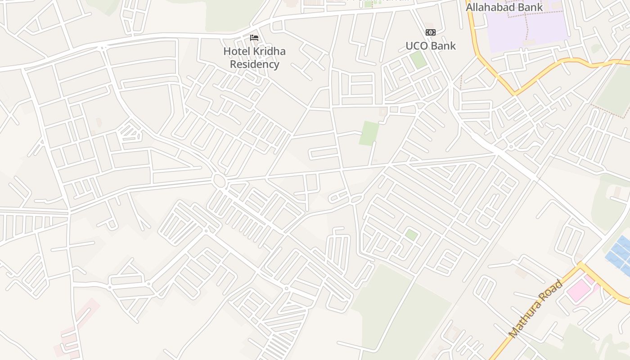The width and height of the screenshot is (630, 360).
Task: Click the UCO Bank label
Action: [430, 46]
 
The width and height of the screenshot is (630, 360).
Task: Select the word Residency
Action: [254, 64]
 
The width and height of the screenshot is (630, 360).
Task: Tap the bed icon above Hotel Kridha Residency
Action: [254, 38]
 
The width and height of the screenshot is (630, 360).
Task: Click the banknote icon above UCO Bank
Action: [430, 32]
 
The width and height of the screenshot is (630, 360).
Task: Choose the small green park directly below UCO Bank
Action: [418, 60]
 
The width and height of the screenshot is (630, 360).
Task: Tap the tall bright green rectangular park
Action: [369, 133]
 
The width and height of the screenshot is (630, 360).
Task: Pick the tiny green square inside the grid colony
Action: [411, 234]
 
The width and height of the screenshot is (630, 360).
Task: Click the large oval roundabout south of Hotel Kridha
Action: [220, 181]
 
